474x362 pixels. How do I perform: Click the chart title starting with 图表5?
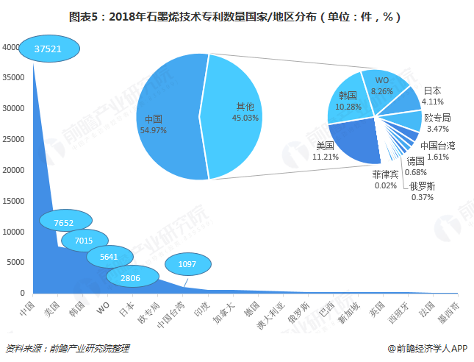[x=237, y=15]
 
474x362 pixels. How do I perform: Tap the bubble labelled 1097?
[x=188, y=264]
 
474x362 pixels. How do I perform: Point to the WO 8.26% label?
[x=381, y=85]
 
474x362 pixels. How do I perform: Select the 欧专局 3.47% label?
[x=437, y=123]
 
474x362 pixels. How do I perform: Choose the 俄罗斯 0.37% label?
[x=423, y=192]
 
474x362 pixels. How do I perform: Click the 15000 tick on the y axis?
[x=14, y=201]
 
